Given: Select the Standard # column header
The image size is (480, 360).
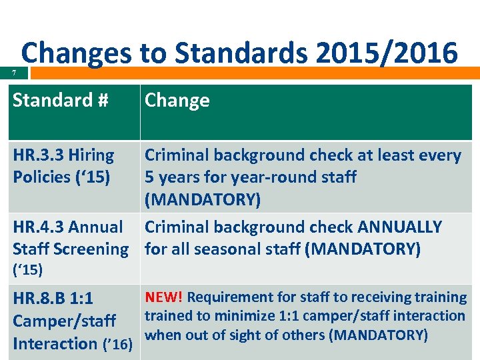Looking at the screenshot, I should [x=60, y=101].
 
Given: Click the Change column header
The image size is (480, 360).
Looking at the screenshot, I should [x=177, y=101].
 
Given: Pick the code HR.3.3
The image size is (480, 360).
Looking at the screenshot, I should [x=38, y=156].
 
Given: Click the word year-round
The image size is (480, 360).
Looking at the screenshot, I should [x=264, y=177].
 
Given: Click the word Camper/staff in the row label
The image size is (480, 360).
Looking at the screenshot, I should [x=64, y=321].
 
